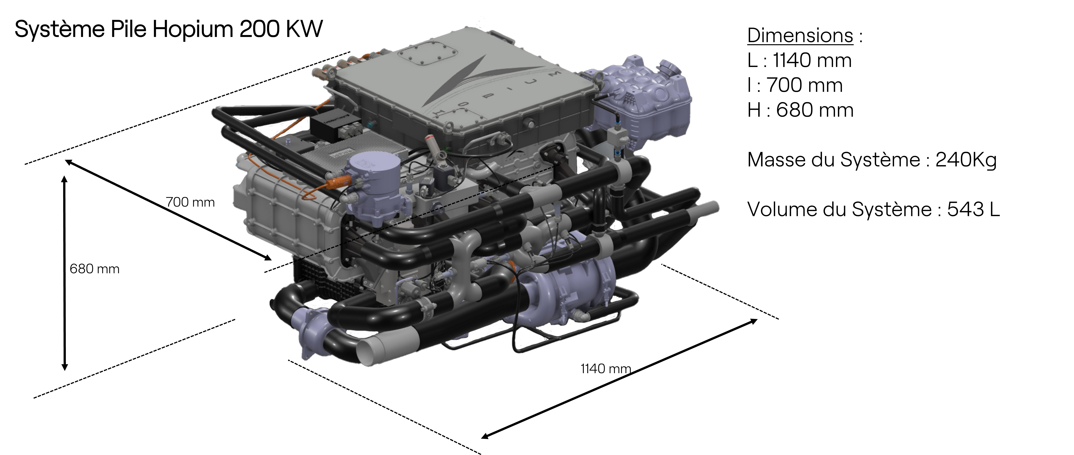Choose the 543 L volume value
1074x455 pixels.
(x=973, y=209)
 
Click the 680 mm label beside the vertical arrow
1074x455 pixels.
(x=95, y=269)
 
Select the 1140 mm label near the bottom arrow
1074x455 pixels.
(x=606, y=369)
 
